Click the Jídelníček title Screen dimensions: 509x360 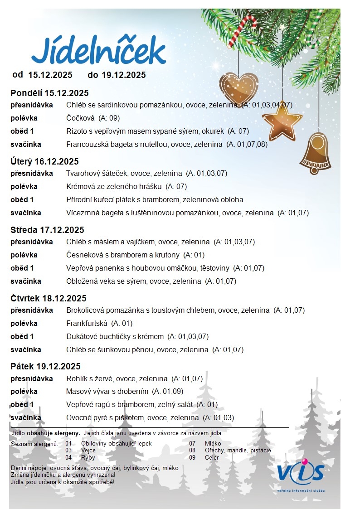pos(98,51)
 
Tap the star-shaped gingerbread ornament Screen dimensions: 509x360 pos(282,121)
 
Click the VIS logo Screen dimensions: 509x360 pos(301,473)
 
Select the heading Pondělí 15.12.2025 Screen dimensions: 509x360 pos(49,93)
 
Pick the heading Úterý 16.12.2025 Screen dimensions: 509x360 pos(44,161)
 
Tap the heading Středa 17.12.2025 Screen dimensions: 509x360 pos(47,230)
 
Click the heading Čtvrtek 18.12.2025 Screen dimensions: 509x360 pos(49,298)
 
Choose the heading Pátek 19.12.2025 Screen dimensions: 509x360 pos(45,366)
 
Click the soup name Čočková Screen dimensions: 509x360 pos(80,118)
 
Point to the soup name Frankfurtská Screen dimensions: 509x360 pos(87,324)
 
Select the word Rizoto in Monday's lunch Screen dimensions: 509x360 pos(76,131)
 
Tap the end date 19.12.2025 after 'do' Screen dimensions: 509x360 pos(123,75)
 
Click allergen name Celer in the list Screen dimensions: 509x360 pos(212,457)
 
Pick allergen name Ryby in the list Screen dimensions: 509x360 pos(88,457)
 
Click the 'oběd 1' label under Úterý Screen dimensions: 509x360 pos(22,199)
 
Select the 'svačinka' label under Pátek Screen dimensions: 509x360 pos(26,417)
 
